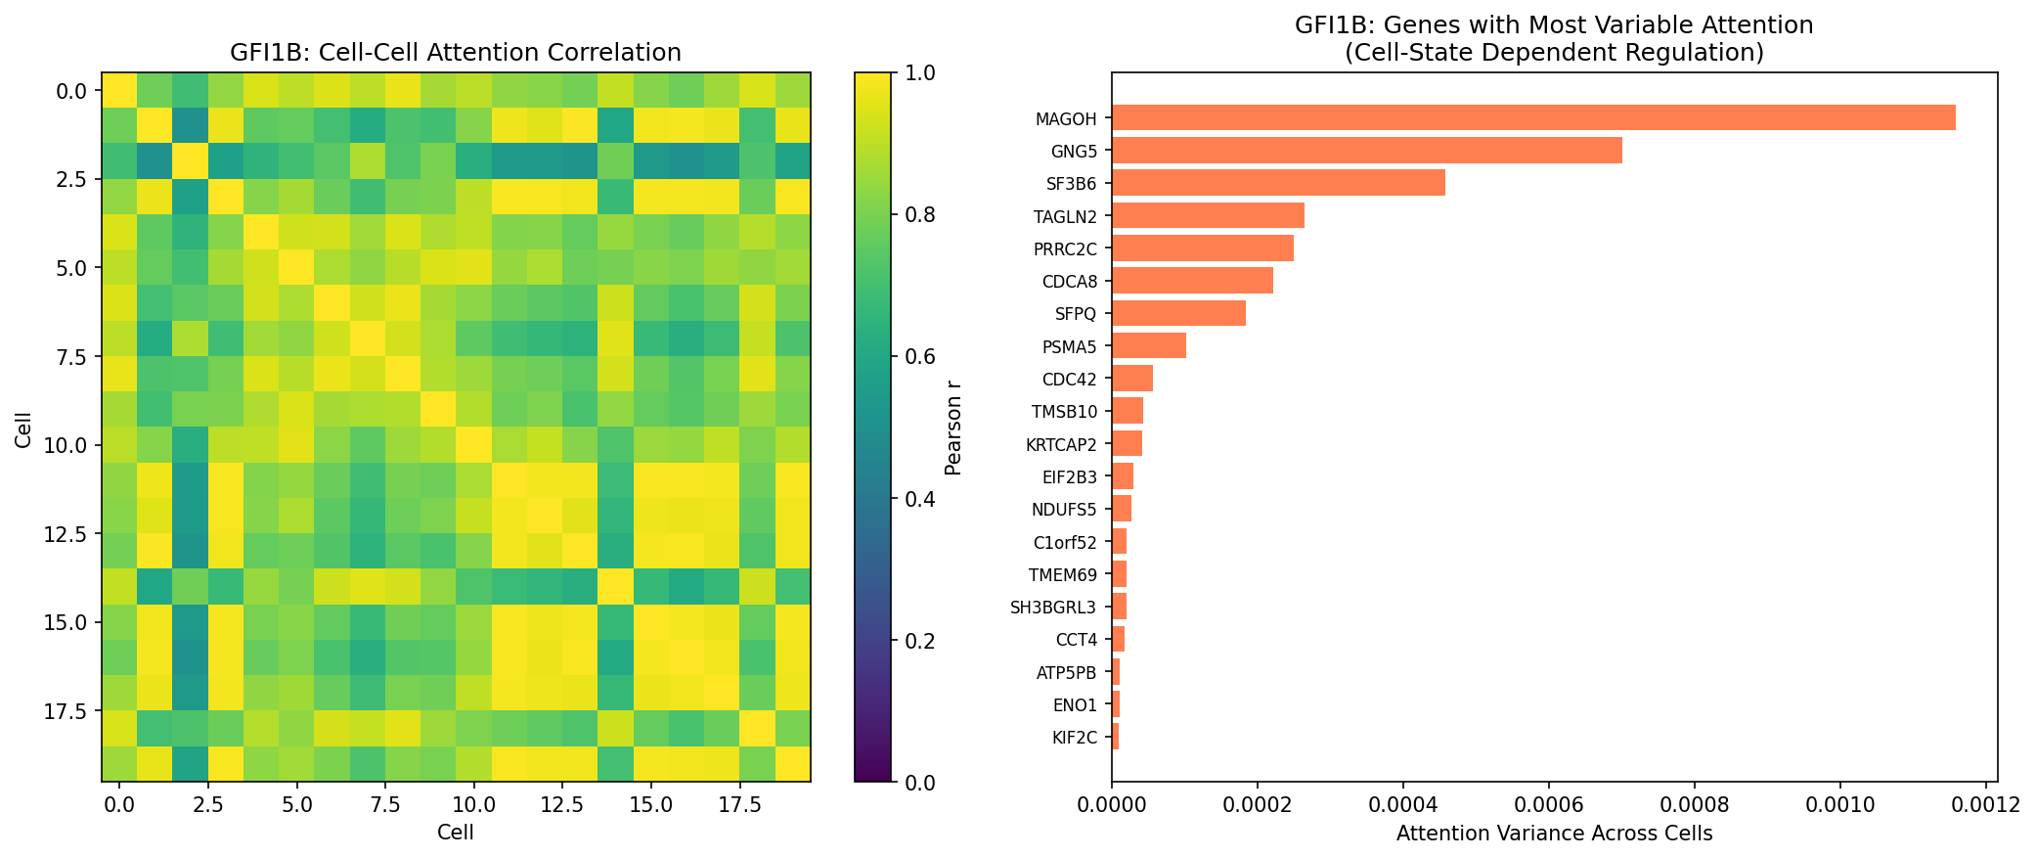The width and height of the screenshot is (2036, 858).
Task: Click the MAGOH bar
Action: (1532, 118)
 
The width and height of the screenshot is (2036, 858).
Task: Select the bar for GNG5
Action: (1366, 151)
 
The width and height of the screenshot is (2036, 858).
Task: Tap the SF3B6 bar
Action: (1277, 183)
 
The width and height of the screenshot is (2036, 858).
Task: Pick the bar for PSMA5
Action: (1148, 346)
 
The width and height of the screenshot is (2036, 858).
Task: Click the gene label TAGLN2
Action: (1065, 216)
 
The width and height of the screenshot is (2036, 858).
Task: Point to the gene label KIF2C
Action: (1074, 738)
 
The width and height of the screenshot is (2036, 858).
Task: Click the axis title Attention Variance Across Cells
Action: (1554, 834)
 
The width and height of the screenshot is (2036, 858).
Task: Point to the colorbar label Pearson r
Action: (953, 428)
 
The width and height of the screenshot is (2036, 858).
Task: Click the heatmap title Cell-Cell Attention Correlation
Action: (456, 52)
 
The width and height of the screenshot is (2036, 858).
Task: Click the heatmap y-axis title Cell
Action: (22, 428)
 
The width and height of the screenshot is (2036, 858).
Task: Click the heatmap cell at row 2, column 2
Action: (191, 161)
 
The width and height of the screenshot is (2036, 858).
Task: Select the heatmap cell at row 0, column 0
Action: (119, 90)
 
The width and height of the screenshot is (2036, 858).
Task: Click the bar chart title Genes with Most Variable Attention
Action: (1554, 25)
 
